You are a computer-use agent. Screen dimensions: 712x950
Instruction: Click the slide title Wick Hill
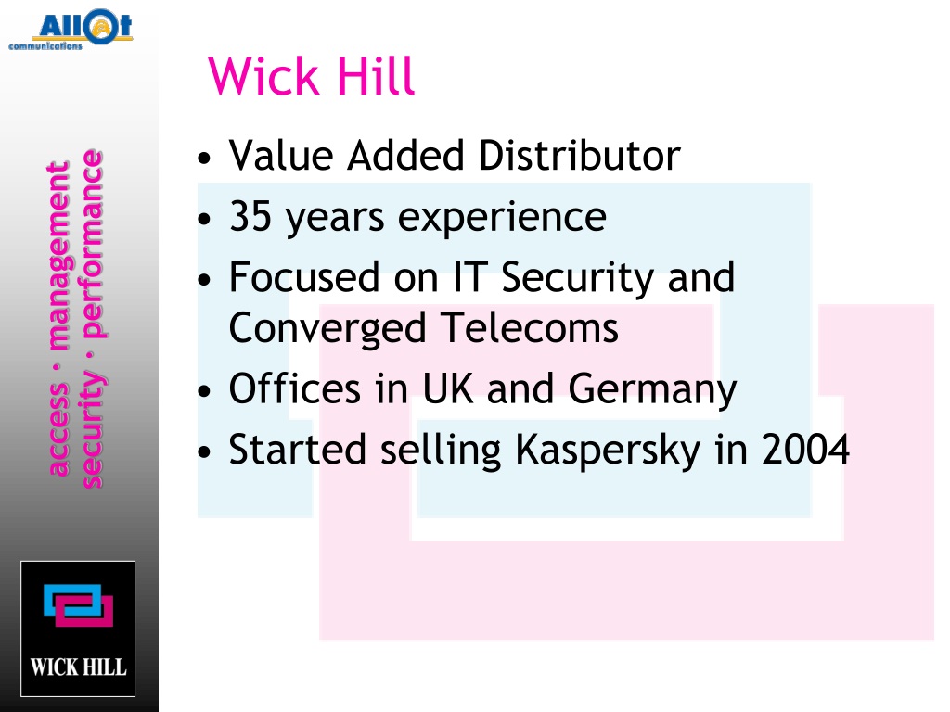tap(312, 77)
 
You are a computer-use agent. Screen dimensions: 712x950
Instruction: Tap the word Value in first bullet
tap(281, 156)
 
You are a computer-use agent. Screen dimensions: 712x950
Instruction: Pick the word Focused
tap(304, 278)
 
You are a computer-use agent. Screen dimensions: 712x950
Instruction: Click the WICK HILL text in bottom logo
tap(78, 667)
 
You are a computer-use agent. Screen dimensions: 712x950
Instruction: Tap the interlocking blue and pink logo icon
tap(78, 607)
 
